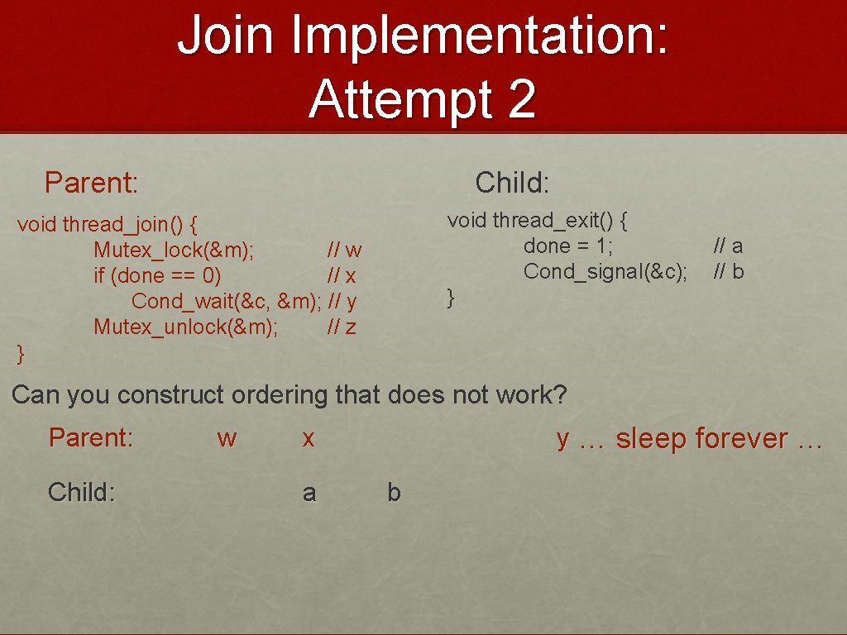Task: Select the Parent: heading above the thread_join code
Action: coord(91,182)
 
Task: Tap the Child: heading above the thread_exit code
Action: coord(512,182)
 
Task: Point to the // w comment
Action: coord(344,250)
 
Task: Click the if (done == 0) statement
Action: coord(157,275)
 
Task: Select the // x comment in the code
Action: coord(342,275)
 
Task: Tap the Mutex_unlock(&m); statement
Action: coord(185,327)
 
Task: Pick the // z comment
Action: coord(342,327)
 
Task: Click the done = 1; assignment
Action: coord(567,246)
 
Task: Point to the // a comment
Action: coord(728,246)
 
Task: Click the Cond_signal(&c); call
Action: coord(605,271)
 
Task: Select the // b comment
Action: coord(728,271)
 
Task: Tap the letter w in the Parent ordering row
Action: coord(227,437)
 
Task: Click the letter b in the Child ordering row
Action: coord(395,493)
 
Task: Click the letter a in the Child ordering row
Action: coord(309,493)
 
